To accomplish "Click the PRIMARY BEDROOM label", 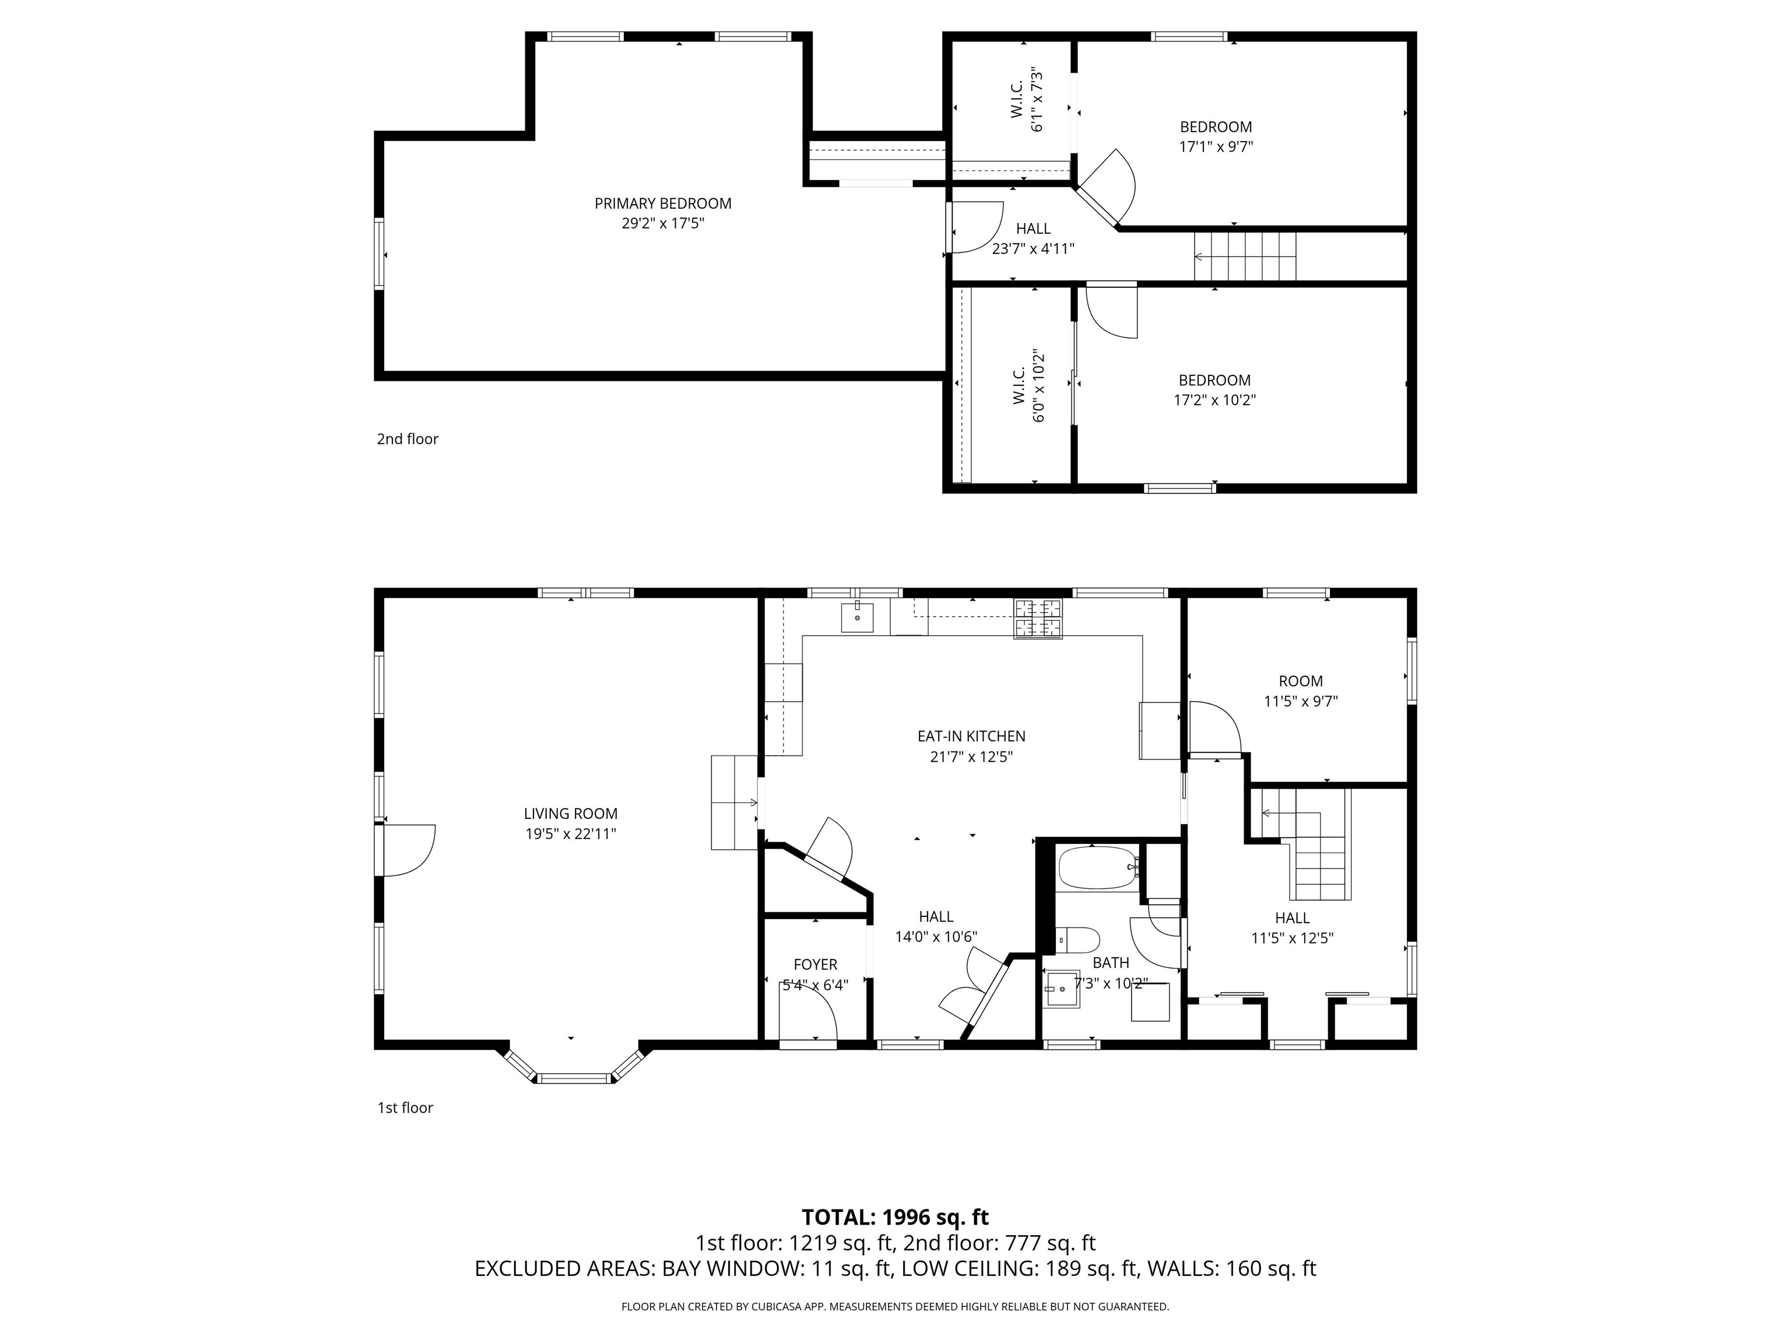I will click(662, 204).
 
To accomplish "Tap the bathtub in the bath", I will click(1097, 868).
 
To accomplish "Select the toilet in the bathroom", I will click(1080, 941).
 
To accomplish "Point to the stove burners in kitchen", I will click(1037, 618).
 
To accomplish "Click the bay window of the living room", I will click(574, 1077).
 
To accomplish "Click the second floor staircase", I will click(1245, 256).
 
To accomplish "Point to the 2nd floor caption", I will click(408, 439).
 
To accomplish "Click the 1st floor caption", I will click(405, 1108).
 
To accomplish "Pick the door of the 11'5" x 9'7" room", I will click(1214, 729).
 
